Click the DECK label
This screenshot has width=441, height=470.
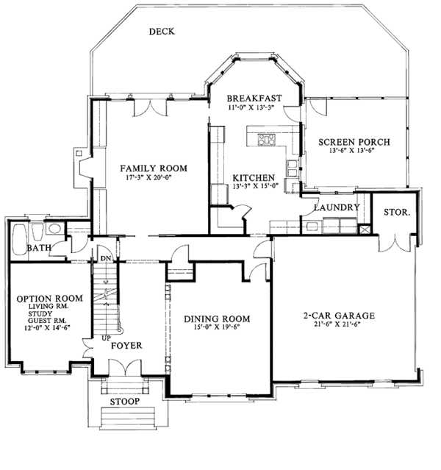(161, 32)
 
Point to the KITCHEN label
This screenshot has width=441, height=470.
(254, 178)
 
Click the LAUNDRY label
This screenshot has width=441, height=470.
(336, 208)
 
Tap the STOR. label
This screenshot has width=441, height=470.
(396, 213)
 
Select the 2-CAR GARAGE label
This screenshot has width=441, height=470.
(339, 316)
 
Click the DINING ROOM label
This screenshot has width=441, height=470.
(217, 318)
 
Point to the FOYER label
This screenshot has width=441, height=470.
(126, 345)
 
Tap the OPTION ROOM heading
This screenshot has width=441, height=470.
(49, 298)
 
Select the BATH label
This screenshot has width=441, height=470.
(38, 248)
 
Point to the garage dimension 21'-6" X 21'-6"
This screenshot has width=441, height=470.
(339, 325)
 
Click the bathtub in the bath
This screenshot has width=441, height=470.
(20, 239)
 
